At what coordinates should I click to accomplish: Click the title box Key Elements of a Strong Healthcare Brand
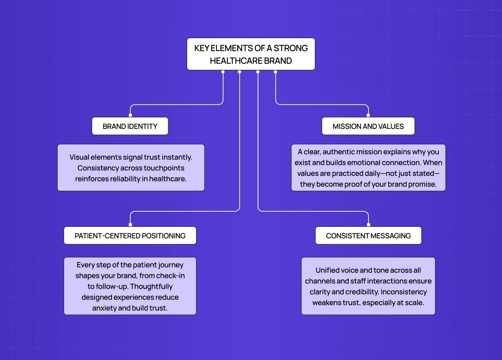pos(251,54)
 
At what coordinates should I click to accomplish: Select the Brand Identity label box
pos(130,126)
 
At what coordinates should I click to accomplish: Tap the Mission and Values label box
pos(368,126)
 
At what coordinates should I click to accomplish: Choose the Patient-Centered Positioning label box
pos(130,236)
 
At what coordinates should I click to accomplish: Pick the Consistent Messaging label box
pos(368,236)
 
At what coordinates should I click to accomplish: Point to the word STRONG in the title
pos(290,48)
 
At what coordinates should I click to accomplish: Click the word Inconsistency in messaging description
pos(404,292)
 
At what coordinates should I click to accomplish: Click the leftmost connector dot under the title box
pos(223,72)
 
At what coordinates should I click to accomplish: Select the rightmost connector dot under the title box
pos(275,72)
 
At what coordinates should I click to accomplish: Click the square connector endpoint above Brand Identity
pos(130,115)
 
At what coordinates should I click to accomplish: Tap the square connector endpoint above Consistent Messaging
pos(368,225)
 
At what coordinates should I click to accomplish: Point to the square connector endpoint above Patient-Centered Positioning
pos(130,225)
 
